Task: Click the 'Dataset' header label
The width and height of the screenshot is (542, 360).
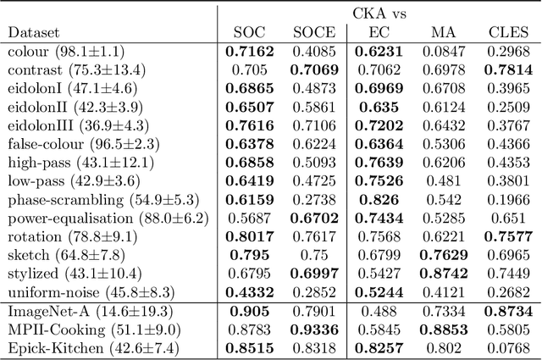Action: [33, 32]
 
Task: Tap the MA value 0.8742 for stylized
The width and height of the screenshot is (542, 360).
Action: [440, 273]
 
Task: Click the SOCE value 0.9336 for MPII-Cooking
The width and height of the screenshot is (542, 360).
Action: [314, 329]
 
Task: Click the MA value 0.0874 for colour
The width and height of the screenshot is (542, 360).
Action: [440, 51]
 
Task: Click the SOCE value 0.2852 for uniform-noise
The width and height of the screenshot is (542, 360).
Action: [314, 291]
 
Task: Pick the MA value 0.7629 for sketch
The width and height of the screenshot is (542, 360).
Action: [440, 255]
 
